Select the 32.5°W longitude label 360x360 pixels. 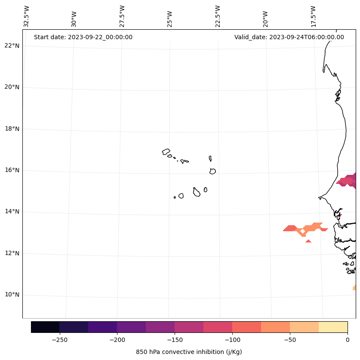[27, 16]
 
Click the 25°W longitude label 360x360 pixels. [170, 18]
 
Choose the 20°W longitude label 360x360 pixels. [265, 18]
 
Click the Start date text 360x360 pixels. [83, 37]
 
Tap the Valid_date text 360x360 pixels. [289, 37]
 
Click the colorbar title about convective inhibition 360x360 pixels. [189, 352]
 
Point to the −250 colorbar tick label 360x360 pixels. [59, 340]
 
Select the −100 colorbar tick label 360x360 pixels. [232, 340]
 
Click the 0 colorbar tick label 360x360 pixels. [347, 340]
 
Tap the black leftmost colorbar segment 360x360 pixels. [45, 327]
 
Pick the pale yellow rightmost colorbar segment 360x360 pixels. [333, 327]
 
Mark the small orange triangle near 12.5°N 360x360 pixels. [308, 241]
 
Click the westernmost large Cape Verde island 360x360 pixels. [166, 152]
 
